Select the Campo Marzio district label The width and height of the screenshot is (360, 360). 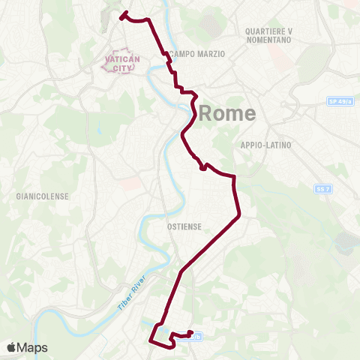pyautogui.click(x=193, y=54)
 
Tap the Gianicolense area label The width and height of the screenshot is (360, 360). pyautogui.click(x=43, y=196)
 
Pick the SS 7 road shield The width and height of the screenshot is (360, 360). pyautogui.click(x=323, y=190)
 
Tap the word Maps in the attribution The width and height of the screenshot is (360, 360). pyautogui.click(x=34, y=347)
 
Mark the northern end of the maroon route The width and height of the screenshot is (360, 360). pyautogui.click(x=122, y=14)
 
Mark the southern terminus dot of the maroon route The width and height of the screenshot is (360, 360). pyautogui.click(x=191, y=333)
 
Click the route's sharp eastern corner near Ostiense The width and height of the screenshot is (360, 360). pyautogui.click(x=238, y=216)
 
